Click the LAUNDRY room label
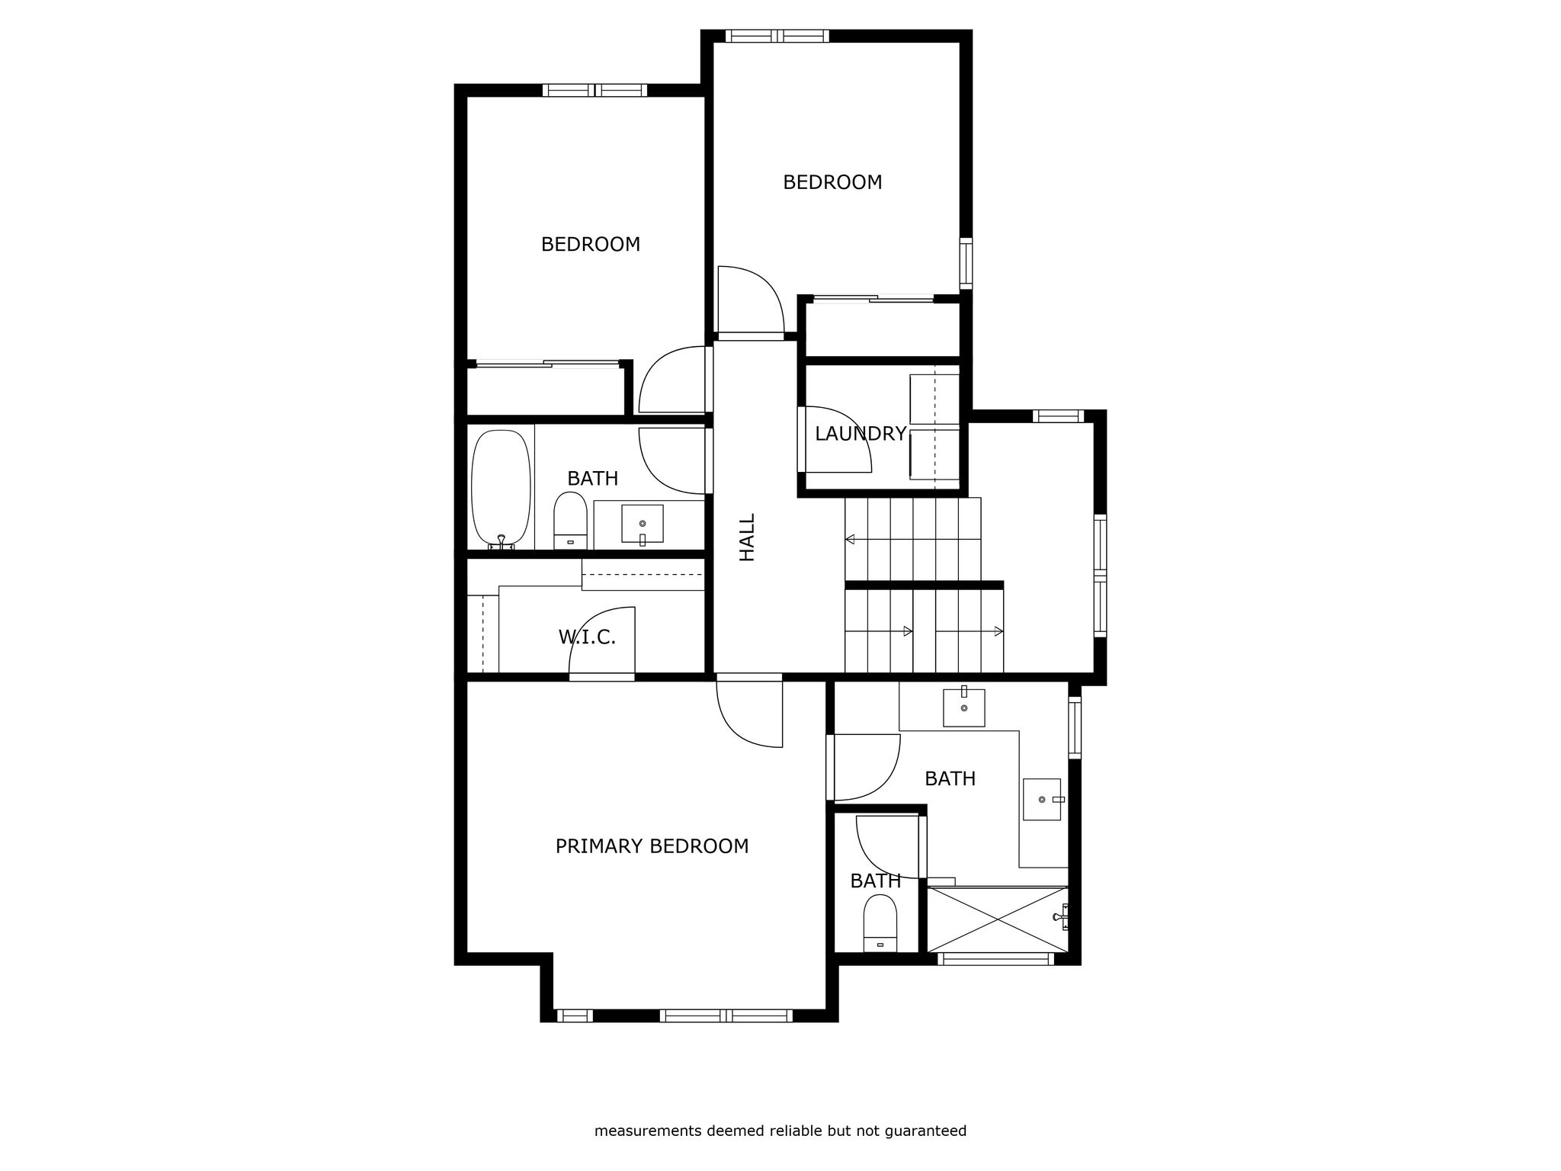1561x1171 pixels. (x=861, y=434)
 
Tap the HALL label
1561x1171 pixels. (x=747, y=537)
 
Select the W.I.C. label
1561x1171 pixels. (x=587, y=637)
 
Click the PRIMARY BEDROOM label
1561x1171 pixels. (x=652, y=846)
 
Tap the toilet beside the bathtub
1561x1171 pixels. (x=570, y=520)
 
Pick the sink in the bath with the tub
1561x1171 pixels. (x=643, y=524)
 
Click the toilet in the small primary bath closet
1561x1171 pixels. (x=880, y=923)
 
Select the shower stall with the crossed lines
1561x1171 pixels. (x=998, y=919)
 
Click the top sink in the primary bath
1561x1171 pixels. (x=964, y=707)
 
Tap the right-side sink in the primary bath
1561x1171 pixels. (x=1043, y=799)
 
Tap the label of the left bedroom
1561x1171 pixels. (x=591, y=245)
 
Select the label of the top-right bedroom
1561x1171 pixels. (x=832, y=182)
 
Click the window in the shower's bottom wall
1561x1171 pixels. (x=995, y=959)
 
